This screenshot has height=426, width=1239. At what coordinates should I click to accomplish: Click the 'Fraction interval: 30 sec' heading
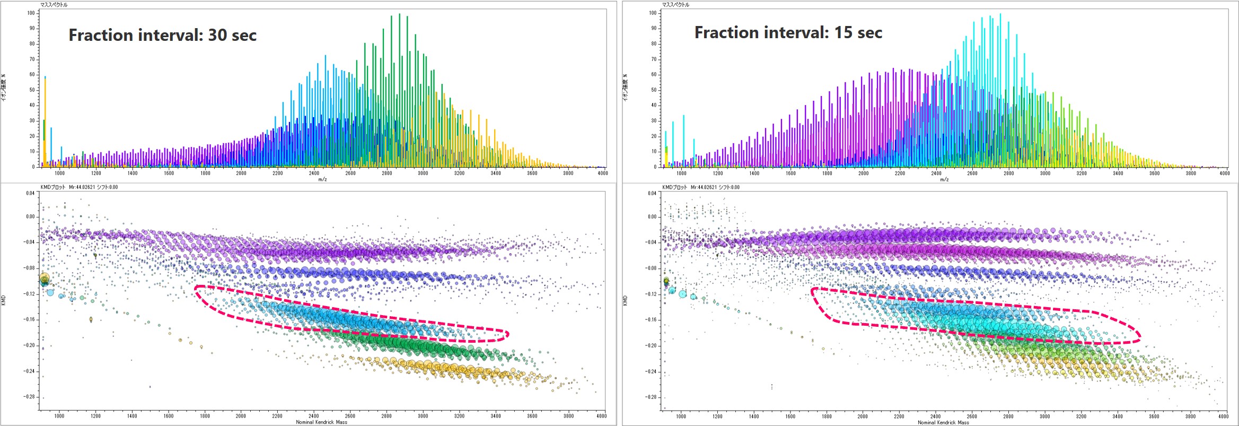162,35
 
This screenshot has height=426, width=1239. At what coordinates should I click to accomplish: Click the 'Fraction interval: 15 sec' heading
788,32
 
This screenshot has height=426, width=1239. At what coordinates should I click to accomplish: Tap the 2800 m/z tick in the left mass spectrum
387,173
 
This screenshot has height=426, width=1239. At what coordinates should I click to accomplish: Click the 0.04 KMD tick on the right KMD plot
652,193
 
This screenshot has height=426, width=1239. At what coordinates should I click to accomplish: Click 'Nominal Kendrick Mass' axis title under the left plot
321,422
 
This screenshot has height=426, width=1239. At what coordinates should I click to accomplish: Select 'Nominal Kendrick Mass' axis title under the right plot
943,422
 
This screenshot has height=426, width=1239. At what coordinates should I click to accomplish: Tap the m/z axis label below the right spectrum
944,179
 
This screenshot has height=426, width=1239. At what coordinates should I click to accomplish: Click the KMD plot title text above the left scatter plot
80,187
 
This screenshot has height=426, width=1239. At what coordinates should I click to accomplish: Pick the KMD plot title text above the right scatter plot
701,187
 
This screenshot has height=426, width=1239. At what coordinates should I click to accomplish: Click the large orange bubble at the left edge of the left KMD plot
45,278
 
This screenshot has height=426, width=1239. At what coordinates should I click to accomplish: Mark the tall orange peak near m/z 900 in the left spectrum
45,122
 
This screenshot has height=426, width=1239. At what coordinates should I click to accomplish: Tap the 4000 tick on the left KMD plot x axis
601,416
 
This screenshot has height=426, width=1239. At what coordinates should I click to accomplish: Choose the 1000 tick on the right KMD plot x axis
681,416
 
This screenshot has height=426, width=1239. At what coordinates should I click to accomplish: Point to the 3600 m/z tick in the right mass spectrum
1154,173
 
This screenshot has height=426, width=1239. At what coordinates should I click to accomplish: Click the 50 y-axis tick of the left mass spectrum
32,90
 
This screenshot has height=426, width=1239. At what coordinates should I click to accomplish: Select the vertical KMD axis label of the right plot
625,300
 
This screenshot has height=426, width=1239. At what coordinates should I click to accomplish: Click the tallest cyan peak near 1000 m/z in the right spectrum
683,141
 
